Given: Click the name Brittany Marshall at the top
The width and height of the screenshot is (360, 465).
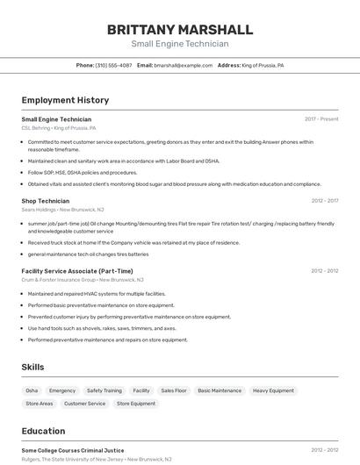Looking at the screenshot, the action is tap(179, 29).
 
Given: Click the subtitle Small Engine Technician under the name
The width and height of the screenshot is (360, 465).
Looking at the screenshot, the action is tap(179, 44).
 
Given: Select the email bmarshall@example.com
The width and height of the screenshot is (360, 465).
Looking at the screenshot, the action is tap(183, 65).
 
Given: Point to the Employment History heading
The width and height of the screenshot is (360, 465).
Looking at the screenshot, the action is tap(65, 100).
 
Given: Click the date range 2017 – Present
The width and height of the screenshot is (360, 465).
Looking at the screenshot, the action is tap(321, 118).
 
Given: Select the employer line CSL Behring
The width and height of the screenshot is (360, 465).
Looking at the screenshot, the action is tap(59, 127).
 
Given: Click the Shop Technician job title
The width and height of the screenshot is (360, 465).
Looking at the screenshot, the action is tap(46, 201).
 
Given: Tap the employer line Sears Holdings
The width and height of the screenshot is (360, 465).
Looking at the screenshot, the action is tap(62, 210).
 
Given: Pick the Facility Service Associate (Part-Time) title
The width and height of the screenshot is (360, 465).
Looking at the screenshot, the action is tap(77, 271).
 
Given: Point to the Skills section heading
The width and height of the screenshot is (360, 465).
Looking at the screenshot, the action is tap(32, 366).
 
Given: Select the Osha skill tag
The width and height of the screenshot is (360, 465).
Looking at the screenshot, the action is tap(32, 390).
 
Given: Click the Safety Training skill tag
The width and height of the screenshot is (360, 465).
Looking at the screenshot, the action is tap(104, 390).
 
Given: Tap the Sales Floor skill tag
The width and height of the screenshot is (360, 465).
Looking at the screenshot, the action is tap(173, 390).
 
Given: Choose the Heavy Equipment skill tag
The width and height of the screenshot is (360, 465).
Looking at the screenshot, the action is tap(273, 390).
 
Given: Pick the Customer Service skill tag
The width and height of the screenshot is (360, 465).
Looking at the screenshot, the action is tap(84, 404).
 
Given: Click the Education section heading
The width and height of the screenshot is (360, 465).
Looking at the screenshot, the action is tap(43, 431).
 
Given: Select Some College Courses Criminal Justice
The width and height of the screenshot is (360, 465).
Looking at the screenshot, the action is tap(73, 450).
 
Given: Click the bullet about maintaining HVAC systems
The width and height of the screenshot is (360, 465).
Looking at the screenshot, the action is tap(97, 294).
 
